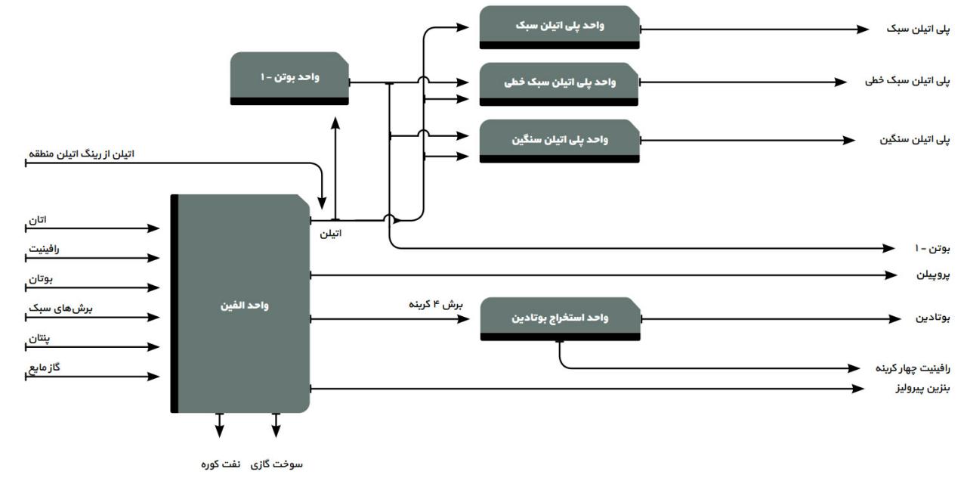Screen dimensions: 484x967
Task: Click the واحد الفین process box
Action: [242, 305]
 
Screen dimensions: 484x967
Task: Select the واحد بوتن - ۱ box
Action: [289, 77]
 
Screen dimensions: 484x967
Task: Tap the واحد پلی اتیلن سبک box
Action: [559, 26]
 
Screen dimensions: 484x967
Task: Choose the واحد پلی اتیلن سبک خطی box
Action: [559, 82]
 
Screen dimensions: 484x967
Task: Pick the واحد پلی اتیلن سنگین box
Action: [559, 140]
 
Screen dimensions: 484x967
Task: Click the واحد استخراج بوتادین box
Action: [561, 318]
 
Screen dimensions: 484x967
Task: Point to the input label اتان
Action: [37, 219]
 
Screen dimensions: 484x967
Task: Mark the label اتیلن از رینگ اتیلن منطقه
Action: [81, 154]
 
